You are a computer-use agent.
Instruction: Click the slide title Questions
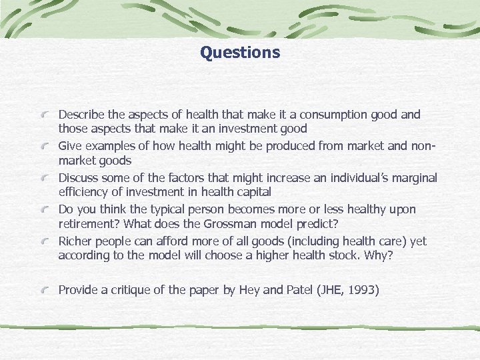[240, 52]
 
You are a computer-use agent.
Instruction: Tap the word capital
[253, 193]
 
